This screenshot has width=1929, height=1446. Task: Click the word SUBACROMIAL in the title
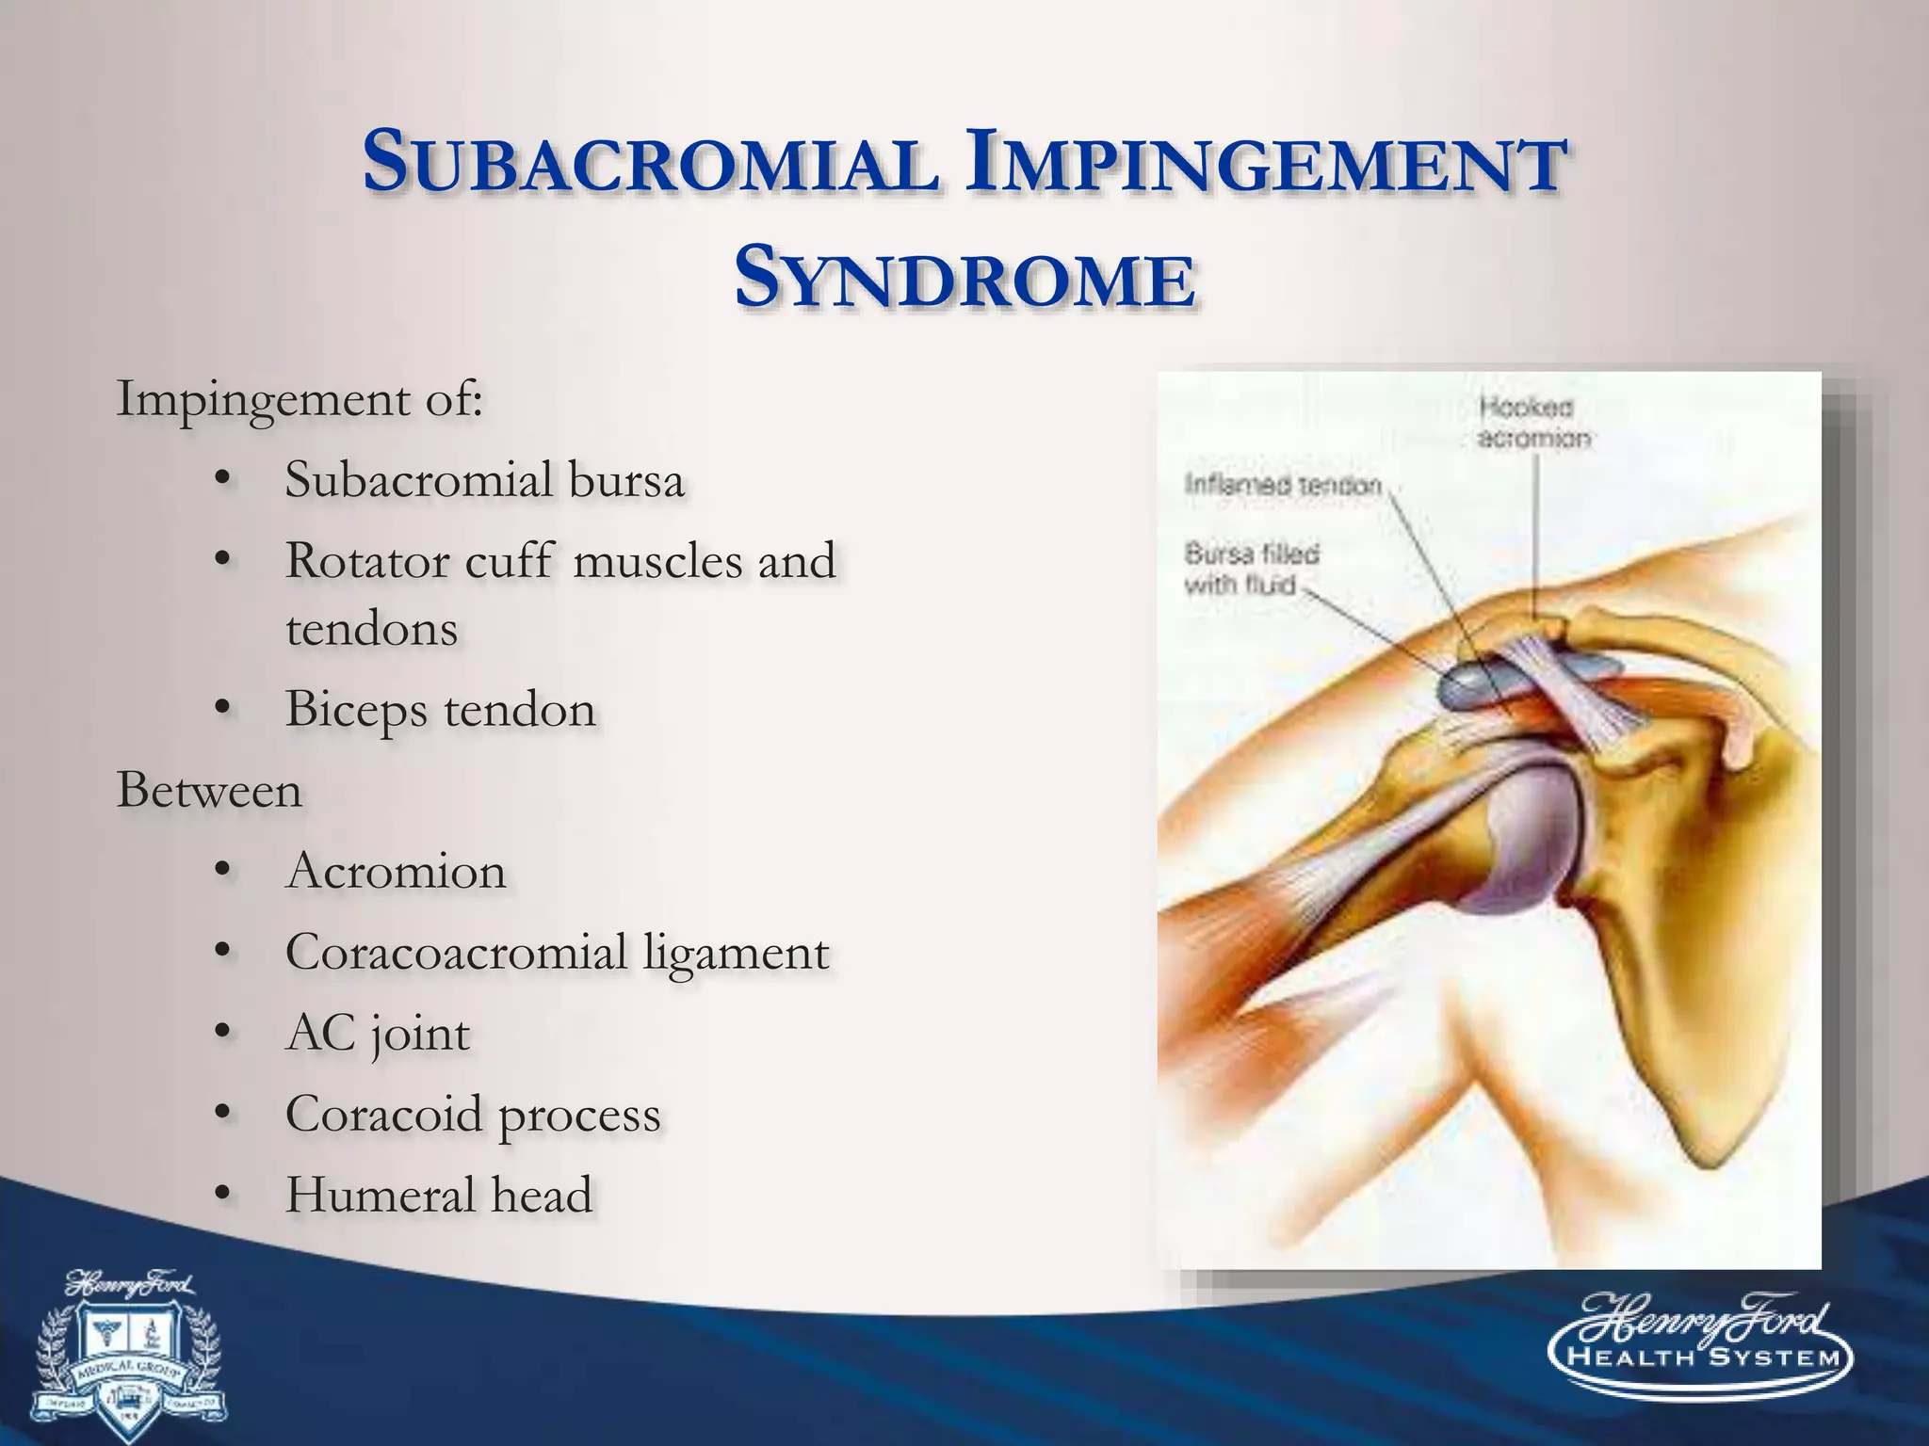[x=650, y=164]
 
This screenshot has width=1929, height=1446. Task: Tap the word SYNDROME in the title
[x=964, y=279]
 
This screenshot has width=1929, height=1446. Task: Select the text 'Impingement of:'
[x=300, y=399]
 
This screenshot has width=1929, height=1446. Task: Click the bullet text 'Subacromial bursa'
[x=484, y=480]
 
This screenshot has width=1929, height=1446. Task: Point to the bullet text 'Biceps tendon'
[x=441, y=709]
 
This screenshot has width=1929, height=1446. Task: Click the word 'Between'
[x=209, y=790]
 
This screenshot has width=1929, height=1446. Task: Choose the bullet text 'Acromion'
[x=396, y=871]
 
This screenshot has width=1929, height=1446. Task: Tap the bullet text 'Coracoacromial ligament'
[x=557, y=952]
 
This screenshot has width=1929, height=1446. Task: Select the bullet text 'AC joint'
[x=377, y=1034]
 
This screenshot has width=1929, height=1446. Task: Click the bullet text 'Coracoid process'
[x=473, y=1115]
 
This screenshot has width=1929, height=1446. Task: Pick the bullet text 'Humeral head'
[x=439, y=1196]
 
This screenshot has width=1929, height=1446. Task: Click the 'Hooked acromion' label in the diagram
[x=1532, y=423]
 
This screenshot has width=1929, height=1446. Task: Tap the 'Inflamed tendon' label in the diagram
[x=1282, y=485]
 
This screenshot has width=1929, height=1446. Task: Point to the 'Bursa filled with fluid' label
[x=1251, y=569]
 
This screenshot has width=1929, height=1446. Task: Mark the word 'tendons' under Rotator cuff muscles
[x=371, y=629]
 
